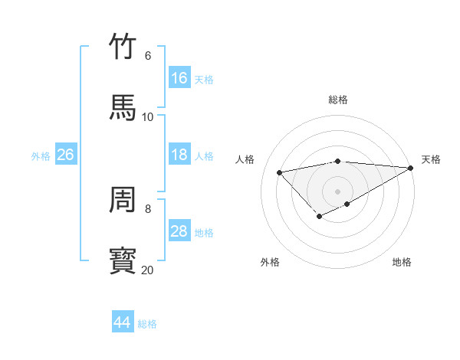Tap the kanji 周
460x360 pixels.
pos(123,200)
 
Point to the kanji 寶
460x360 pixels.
pos(123,261)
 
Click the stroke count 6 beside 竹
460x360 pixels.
pos(147,56)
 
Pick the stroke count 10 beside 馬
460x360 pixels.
pos(148,116)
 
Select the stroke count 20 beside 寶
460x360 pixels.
pos(147,270)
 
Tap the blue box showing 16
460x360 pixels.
pos(179,78)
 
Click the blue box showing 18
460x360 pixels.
pos(179,155)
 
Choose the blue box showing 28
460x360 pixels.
pos(179,231)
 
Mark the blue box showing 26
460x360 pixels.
pos(66,155)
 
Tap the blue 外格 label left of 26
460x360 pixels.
pos(41,156)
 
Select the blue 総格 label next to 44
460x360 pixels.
pos(147,324)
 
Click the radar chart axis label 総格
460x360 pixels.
pos(337,100)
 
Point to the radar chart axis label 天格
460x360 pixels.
pos(431,159)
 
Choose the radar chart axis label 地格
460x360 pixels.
pos(402,262)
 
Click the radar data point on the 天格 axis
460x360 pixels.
pos(411,168)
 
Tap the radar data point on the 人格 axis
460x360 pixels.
pos(280,172)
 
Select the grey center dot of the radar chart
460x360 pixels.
pos(337,191)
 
